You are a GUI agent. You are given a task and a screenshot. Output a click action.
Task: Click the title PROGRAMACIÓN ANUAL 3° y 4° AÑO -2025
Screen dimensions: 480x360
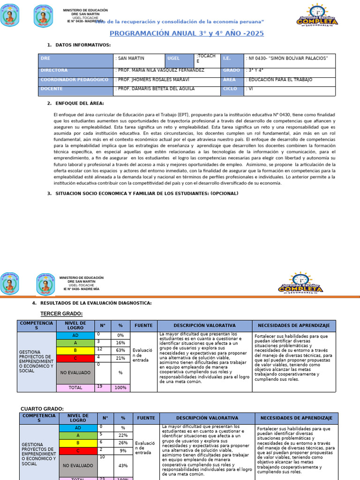pos(186,33)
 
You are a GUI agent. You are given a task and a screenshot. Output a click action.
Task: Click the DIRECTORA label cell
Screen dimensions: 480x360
pos(75,70)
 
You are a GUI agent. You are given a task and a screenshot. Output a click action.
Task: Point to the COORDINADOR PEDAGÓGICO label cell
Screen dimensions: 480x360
pos(75,80)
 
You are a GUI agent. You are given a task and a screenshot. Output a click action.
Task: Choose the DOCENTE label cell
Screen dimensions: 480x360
pos(75,89)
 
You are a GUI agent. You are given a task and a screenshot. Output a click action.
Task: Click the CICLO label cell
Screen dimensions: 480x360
pos(232,89)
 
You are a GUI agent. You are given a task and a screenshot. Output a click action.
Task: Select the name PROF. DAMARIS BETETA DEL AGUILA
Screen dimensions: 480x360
pos(156,89)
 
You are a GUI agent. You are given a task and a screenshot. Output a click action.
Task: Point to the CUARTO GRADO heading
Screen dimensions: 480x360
pos(42,409)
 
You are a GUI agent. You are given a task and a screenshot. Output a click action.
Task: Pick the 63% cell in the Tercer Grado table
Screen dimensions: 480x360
pos(120,350)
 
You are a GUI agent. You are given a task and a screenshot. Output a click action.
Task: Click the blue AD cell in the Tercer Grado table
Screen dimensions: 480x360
pos(75,336)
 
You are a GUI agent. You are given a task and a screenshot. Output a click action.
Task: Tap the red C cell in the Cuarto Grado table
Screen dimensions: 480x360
pos(78,450)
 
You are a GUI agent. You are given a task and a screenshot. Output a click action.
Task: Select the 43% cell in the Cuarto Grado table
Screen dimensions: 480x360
pos(123,465)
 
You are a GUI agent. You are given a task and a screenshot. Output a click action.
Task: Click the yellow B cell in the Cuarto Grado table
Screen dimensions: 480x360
pos(78,443)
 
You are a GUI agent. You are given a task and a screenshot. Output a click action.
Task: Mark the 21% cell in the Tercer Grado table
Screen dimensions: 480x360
pos(120,358)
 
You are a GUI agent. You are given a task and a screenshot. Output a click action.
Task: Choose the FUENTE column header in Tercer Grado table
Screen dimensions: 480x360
pos(143,325)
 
